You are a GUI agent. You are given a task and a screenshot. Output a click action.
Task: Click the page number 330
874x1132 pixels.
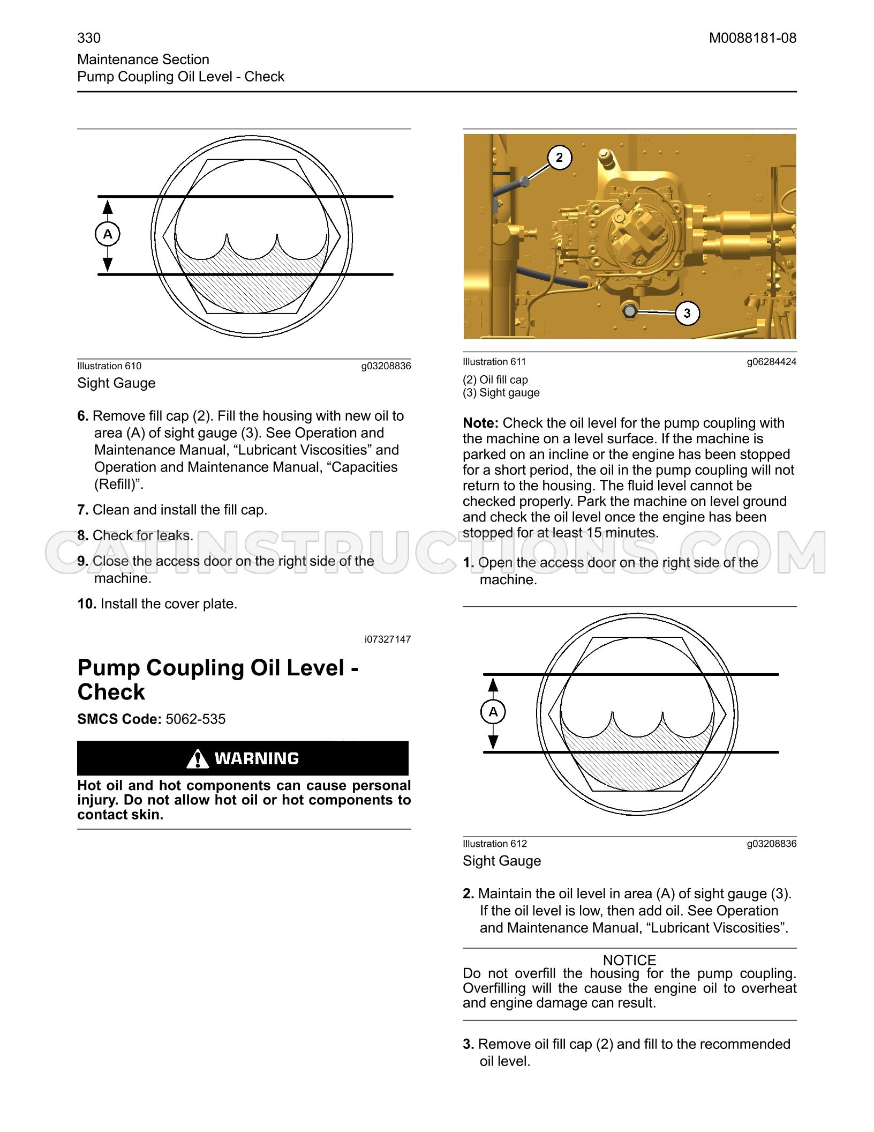pos(89,38)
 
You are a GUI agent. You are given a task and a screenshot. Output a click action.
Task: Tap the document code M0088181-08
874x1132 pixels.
pos(752,38)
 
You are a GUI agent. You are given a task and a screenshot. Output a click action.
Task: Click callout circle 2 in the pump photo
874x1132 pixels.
pos(560,158)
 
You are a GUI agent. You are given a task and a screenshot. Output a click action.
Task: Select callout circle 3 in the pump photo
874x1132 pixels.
pos(688,313)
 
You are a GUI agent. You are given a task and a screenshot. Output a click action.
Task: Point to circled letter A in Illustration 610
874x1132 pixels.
pos(108,234)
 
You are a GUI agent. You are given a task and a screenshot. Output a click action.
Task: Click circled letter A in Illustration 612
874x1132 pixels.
pos(493,712)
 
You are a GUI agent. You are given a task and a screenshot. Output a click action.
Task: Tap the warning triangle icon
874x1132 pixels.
pos(198,758)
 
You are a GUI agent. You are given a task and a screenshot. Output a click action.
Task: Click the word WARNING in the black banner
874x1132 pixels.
pos(257,758)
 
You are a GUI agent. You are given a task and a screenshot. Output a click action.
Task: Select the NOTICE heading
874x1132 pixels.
pos(629,960)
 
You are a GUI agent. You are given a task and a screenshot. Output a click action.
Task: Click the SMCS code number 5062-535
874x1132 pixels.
pos(195,719)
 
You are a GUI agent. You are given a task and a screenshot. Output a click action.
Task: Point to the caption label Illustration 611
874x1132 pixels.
pos(494,362)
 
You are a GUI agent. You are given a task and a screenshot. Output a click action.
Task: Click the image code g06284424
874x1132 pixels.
pos(772,362)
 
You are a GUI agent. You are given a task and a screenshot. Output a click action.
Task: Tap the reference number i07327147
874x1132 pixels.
pos(388,639)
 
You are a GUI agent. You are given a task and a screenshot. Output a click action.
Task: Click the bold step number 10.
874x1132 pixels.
pos(87,604)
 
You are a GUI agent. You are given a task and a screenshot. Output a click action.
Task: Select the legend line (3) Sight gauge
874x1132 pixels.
pos(501,392)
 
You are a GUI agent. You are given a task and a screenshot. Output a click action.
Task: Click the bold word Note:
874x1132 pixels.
pos(480,423)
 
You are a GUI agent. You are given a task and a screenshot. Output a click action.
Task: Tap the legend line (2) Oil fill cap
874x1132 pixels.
pos(495,379)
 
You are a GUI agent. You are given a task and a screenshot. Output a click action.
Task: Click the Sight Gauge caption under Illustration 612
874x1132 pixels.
pos(502,861)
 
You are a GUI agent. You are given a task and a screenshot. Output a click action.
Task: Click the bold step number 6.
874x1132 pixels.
pos(82,416)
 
